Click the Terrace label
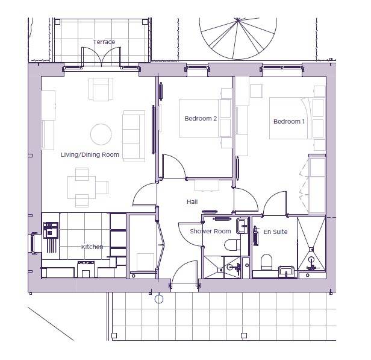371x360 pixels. [104, 42]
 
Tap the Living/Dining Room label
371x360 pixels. [90, 154]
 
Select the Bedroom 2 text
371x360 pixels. [201, 118]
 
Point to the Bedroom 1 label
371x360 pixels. [289, 121]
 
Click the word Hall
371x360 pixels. [192, 202]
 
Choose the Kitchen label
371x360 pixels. [92, 247]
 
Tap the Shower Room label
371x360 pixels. [210, 231]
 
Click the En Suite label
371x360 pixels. [275, 232]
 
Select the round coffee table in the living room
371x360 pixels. [101, 134]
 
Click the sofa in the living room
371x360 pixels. [134, 136]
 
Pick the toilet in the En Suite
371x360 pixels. [266, 262]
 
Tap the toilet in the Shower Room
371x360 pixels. [232, 245]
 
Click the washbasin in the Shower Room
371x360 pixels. [242, 226]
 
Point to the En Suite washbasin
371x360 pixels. [286, 271]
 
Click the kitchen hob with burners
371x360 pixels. [51, 230]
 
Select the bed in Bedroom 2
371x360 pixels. [205, 118]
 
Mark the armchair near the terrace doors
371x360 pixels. [101, 89]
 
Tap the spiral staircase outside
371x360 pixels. [238, 38]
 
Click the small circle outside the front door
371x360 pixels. [159, 299]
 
